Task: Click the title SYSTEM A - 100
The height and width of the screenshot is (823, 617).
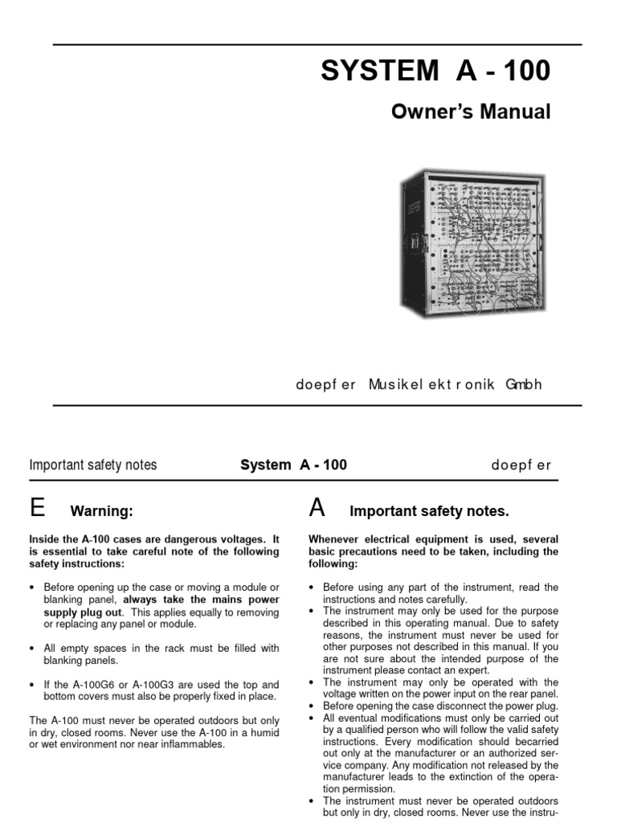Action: [x=435, y=72]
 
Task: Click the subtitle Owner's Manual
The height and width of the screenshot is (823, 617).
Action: [x=471, y=112]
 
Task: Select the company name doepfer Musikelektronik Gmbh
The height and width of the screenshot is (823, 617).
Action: [x=419, y=384]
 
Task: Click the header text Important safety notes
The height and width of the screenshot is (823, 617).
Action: [x=93, y=465]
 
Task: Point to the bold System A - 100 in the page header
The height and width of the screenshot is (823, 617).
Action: [x=294, y=465]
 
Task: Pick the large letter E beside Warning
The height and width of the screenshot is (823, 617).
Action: [x=37, y=508]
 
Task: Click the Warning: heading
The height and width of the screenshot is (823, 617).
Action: [x=101, y=511]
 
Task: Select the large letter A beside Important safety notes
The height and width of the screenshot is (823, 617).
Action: [x=317, y=508]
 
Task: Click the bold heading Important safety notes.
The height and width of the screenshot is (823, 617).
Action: [x=429, y=511]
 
